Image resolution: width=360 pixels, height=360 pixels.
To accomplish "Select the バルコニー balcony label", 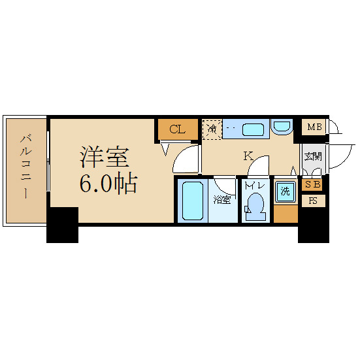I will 26,166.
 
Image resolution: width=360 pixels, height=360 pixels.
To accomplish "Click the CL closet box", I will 177,129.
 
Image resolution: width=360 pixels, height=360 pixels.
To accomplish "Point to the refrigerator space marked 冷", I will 212,129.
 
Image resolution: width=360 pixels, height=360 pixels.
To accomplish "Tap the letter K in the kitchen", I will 248,155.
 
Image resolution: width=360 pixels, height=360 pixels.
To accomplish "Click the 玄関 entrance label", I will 313,156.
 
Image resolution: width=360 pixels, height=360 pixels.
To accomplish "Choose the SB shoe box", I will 313,185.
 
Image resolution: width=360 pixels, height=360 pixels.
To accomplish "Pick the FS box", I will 313,201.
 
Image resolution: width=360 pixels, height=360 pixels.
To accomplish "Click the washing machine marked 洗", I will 284,192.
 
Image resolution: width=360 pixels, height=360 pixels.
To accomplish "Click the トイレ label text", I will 254,186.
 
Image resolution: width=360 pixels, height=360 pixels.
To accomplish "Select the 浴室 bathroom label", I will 222,200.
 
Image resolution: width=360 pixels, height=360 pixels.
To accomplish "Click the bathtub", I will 192,201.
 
